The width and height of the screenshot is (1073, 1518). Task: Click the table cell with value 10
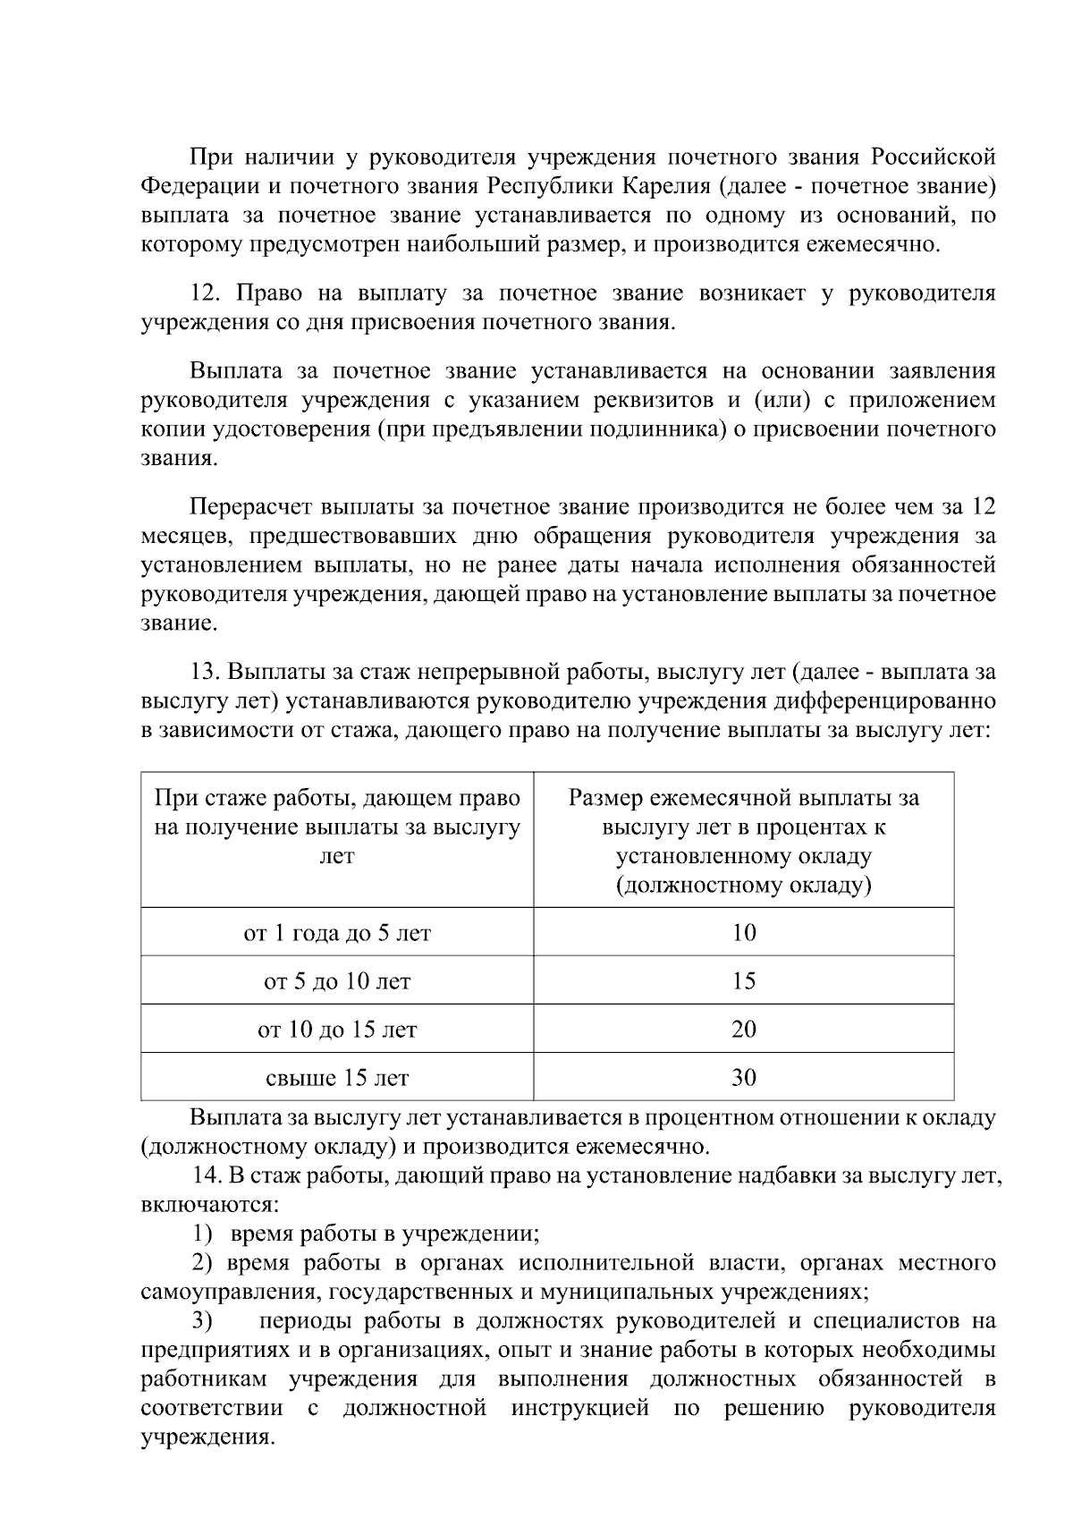click(x=743, y=933)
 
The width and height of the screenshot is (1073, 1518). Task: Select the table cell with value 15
click(x=743, y=981)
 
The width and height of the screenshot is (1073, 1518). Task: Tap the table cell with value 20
click(x=743, y=1030)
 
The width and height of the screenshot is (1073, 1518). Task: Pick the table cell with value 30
click(x=743, y=1078)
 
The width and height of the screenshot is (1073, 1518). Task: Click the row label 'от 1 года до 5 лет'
click(x=337, y=933)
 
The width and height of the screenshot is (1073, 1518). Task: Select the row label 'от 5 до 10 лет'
click(x=337, y=981)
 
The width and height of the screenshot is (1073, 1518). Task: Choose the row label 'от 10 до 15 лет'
click(x=337, y=1030)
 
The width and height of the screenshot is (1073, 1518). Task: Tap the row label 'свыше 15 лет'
click(x=337, y=1078)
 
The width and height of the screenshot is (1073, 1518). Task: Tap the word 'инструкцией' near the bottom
click(x=579, y=1408)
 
